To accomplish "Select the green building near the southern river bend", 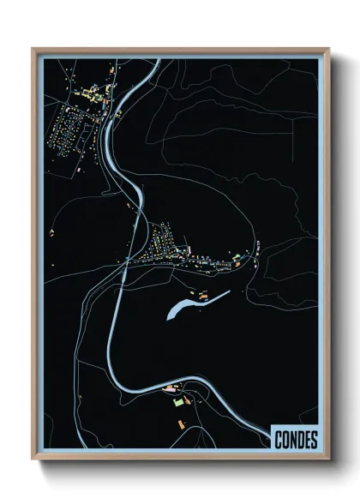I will pyautogui.click(x=178, y=400).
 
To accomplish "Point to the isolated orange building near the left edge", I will pyautogui.click(x=52, y=232).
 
